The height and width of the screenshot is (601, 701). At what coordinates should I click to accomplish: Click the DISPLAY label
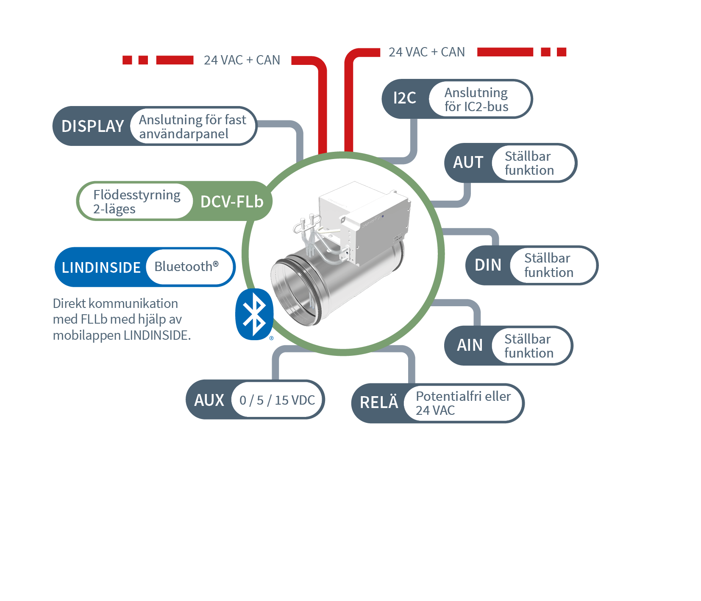point(92,126)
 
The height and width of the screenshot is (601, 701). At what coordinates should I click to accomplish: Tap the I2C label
point(404,98)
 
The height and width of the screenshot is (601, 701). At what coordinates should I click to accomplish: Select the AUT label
point(468,162)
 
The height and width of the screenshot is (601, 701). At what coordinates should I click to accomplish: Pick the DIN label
point(488,265)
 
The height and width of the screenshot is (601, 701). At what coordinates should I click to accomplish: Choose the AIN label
point(470,345)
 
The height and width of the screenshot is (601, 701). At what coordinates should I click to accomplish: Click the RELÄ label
point(379,403)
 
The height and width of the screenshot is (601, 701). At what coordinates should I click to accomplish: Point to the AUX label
point(209,400)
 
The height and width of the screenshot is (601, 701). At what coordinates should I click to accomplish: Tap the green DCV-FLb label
point(232,202)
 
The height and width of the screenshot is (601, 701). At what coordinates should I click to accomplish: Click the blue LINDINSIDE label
point(101,268)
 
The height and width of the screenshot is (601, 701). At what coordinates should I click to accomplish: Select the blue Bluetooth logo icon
point(254,314)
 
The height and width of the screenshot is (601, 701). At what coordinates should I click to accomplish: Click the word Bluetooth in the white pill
point(184,267)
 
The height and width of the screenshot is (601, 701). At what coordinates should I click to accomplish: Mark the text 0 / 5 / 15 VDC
point(277,400)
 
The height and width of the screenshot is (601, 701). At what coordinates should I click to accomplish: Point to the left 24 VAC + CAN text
point(242,60)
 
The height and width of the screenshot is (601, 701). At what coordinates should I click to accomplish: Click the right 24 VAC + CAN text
point(426,52)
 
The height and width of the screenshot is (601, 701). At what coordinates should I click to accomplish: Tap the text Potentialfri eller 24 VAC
point(463,403)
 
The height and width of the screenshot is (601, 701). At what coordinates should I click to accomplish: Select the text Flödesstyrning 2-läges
point(136,202)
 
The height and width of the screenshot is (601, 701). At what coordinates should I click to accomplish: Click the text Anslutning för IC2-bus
point(476,100)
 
